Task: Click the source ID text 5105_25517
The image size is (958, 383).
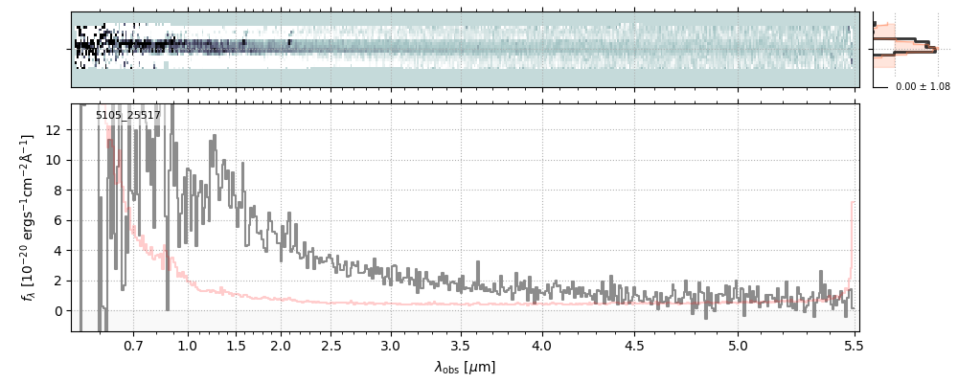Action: click(127, 116)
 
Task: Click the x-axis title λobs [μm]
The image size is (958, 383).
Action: click(465, 367)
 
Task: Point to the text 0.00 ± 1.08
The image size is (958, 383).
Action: click(923, 87)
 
